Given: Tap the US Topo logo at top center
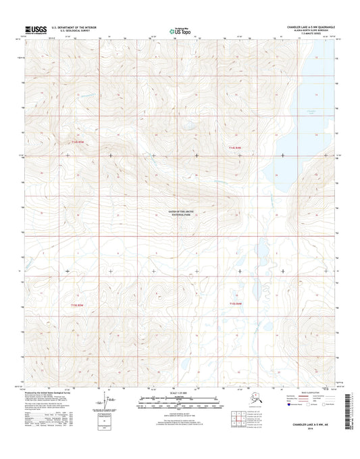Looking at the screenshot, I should click(180, 30).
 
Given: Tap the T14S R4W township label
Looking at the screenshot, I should click(234, 146).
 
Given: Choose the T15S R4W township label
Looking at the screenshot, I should click(234, 304).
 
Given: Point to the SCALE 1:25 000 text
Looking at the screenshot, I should click(180, 393).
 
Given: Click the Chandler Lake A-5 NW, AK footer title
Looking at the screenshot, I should click(311, 425).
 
